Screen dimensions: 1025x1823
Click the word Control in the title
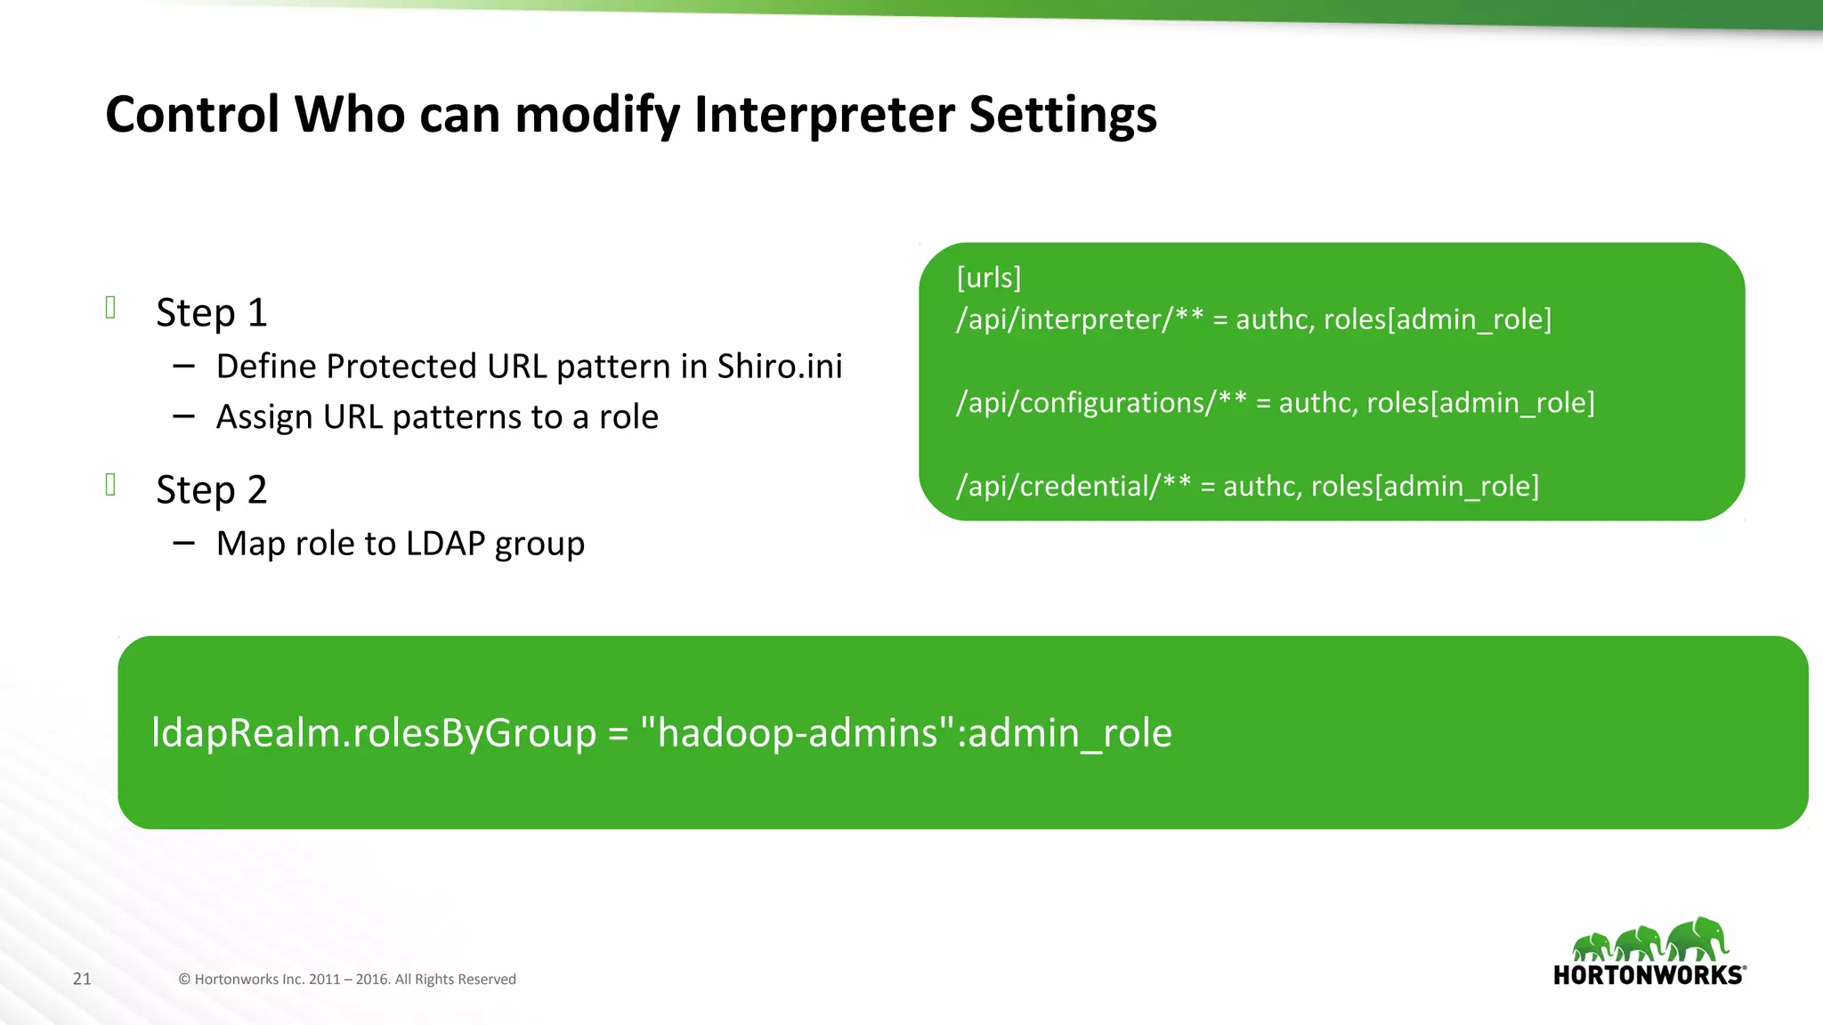pos(192,115)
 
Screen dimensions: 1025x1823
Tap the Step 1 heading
pos(211,313)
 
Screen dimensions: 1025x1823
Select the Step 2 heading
pos(211,490)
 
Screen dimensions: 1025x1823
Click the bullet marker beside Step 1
pos(111,308)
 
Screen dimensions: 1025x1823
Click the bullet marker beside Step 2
pos(111,485)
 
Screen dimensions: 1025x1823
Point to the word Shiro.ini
pos(779,367)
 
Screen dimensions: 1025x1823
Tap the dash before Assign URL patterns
pos(184,416)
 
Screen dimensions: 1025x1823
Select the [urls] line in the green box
pos(988,278)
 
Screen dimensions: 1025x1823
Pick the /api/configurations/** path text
pos(1100,403)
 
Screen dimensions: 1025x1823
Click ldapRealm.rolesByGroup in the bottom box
pos(374,733)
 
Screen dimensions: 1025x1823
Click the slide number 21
pos(82,979)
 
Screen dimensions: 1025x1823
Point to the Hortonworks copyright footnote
pos(347,980)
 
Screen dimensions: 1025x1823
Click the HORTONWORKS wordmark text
pos(1648,975)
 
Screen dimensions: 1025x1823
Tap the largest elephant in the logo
pos(1698,939)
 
